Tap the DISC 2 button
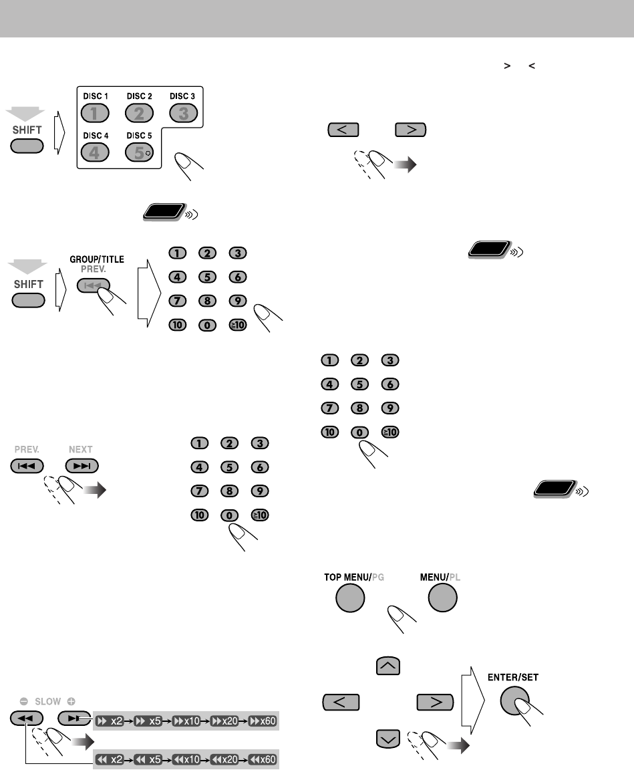139,114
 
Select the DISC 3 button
182,114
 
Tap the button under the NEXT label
82,466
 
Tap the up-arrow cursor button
389,665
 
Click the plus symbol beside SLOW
70,702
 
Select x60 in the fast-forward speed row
262,721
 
